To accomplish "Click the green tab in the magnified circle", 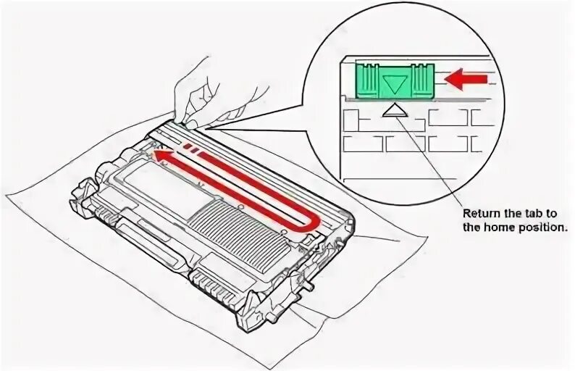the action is click(x=394, y=80).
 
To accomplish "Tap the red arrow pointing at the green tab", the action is click(x=464, y=79).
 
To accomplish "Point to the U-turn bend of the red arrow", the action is click(x=311, y=221).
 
